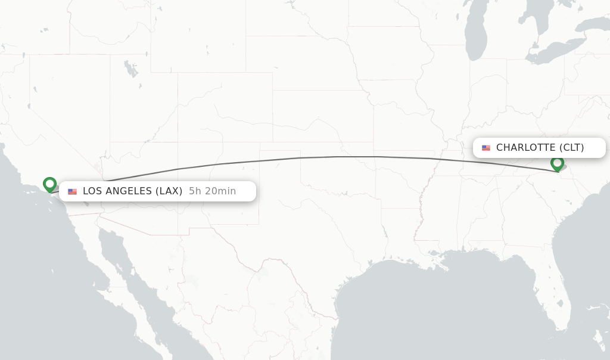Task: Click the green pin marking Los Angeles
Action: tap(49, 184)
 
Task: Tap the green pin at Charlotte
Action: tap(557, 163)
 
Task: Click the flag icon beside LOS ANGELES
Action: tap(72, 191)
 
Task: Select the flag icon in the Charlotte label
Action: tap(486, 148)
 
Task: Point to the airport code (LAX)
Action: tap(169, 191)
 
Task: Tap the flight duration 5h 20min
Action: tap(212, 191)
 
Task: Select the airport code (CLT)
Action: tap(571, 148)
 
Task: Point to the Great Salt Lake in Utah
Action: tap(130, 69)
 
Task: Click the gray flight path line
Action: tap(340, 157)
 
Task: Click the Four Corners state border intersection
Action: tap(178, 142)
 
